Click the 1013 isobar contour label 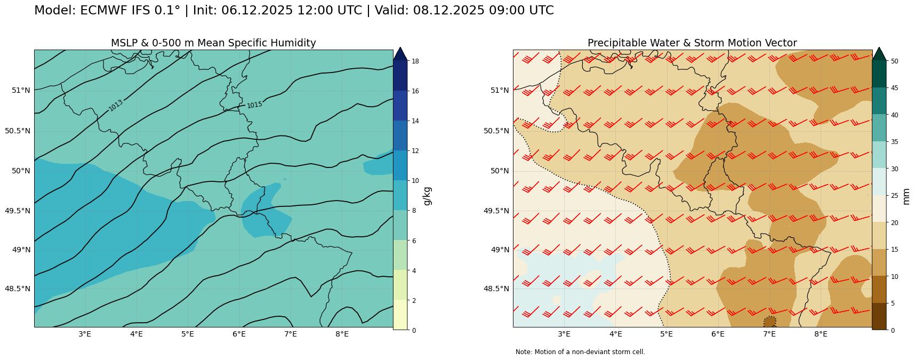click(116, 106)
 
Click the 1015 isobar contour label click(254, 105)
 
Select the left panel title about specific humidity click(213, 43)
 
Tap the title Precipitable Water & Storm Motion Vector click(692, 43)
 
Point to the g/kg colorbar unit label click(427, 196)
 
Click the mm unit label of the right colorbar click(906, 196)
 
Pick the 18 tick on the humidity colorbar click(415, 61)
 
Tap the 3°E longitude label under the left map click(85, 334)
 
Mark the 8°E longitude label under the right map click(821, 334)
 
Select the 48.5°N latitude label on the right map click(495, 289)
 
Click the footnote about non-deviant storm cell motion click(580, 352)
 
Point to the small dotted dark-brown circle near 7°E click(769, 322)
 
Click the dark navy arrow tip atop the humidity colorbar click(400, 53)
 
